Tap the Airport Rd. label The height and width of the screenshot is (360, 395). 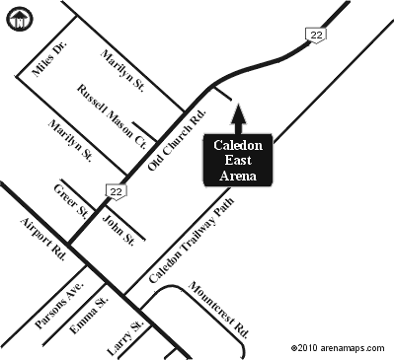pos(43,238)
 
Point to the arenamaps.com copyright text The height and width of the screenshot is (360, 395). pos(340,348)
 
